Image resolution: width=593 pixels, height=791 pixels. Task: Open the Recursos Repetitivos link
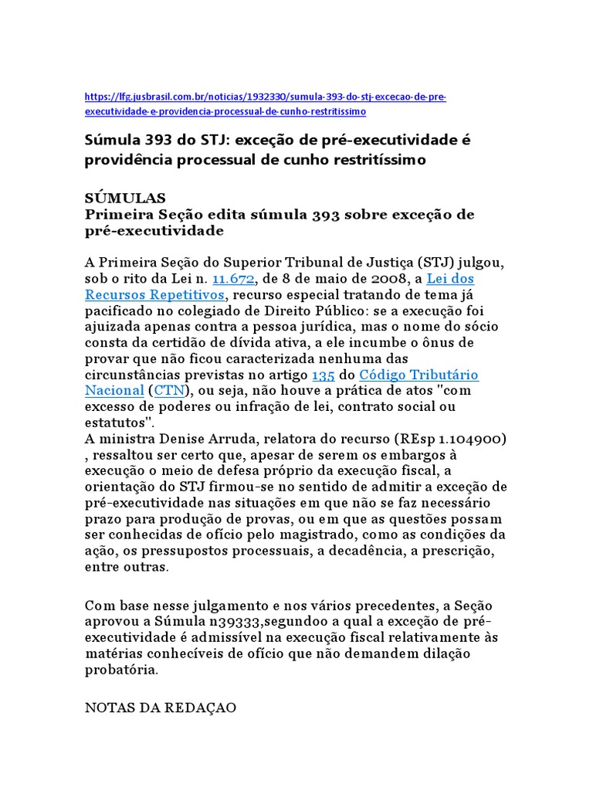click(x=154, y=294)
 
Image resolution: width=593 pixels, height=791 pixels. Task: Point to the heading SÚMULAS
click(x=125, y=198)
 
